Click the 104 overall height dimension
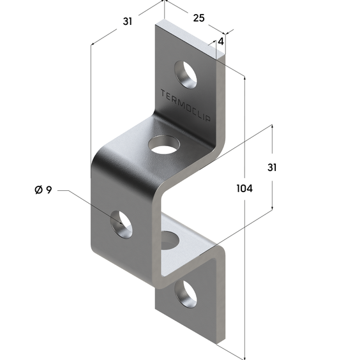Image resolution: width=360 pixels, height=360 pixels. coord(244,188)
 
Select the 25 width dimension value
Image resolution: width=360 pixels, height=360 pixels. coord(199,18)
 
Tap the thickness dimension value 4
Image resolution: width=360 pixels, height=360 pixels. coord(221,41)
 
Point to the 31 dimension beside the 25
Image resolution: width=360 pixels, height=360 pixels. coord(128,21)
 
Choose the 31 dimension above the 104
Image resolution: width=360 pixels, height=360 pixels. coord(272,167)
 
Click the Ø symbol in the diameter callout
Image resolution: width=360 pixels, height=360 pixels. coord(38,190)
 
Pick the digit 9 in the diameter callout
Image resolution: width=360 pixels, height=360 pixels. coord(49,190)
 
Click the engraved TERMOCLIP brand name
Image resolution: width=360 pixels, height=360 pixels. coord(185,105)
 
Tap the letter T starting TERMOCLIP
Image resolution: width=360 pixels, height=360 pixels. coord(163,93)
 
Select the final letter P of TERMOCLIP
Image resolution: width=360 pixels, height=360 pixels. coord(208,118)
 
